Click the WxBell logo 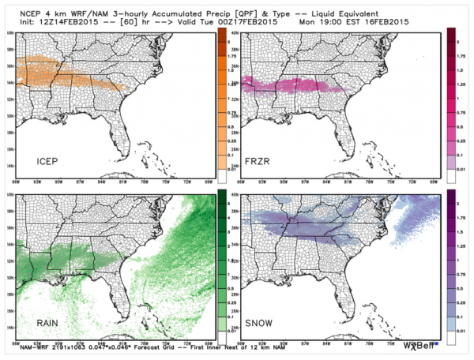(x=419, y=345)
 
